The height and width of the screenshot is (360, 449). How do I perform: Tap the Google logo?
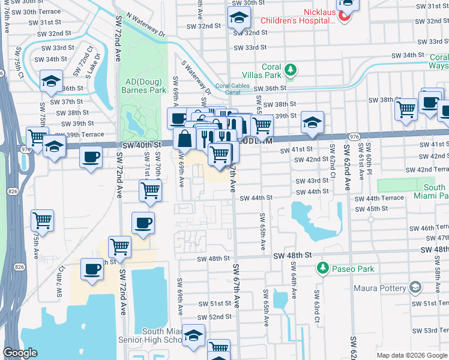pos(20,353)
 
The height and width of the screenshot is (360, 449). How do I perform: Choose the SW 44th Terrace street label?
pos(379,198)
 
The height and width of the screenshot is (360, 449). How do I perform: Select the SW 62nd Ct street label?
pos(332,163)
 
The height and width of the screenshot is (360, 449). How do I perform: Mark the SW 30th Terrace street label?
pos(40,11)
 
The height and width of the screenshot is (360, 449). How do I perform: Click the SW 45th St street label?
pos(371,209)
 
